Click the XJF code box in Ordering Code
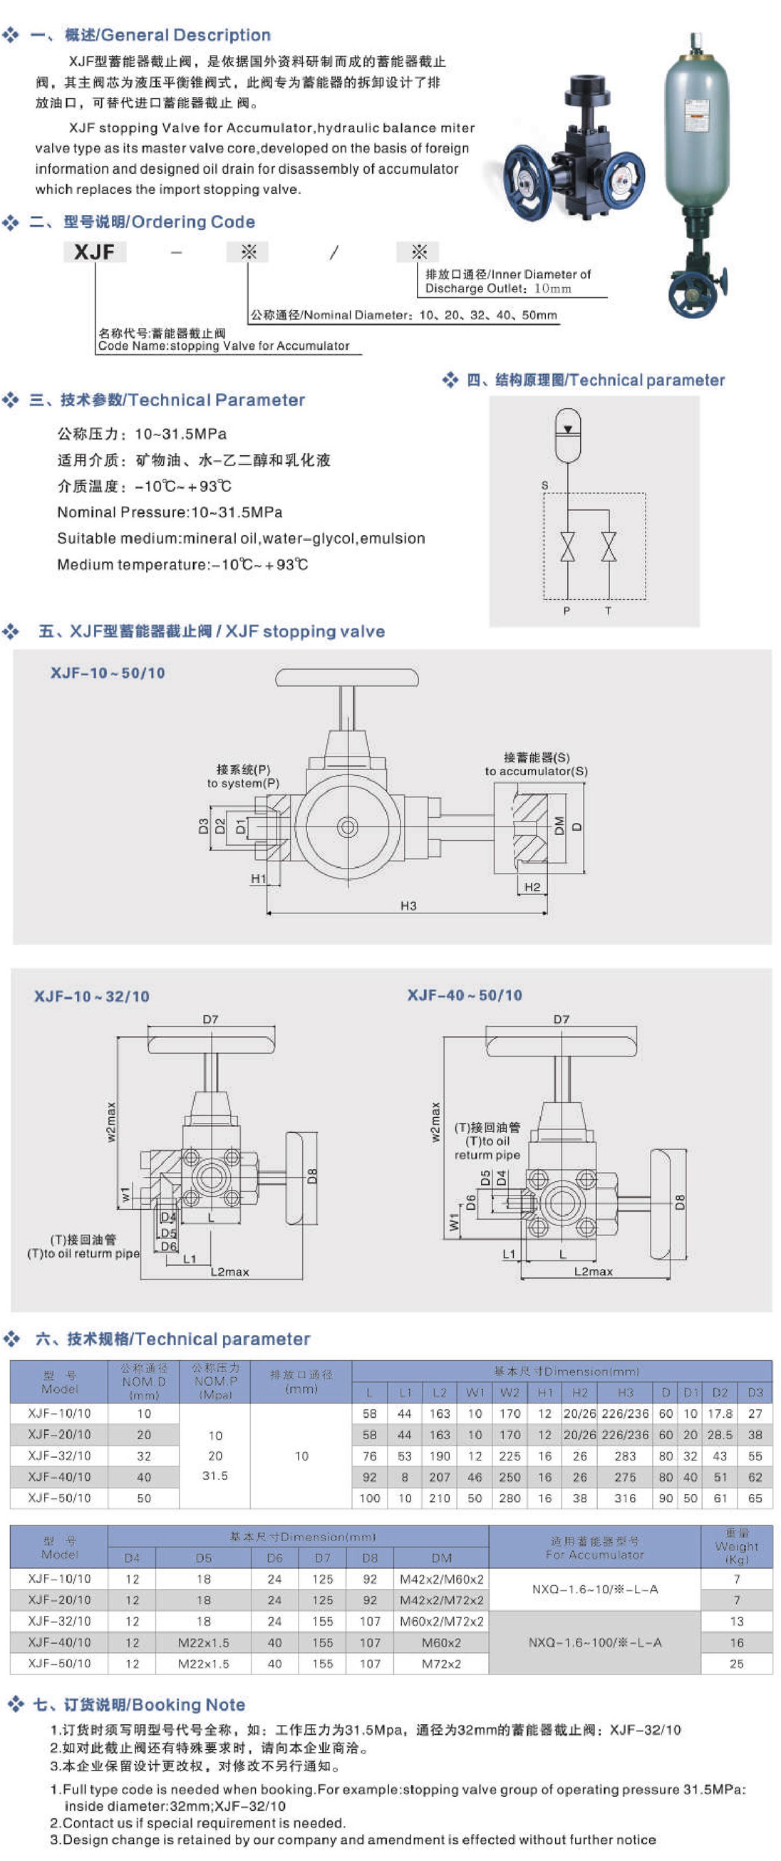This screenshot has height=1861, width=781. (x=95, y=252)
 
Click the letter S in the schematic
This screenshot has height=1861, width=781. (x=544, y=484)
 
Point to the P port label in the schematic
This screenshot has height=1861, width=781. (x=567, y=611)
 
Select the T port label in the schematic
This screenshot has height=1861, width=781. (x=608, y=611)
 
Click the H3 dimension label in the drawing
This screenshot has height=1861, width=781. (x=408, y=906)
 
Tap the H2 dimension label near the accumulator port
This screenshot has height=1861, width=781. (x=532, y=886)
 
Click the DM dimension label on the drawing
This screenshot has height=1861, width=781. (x=559, y=825)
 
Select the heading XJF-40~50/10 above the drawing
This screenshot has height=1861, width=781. (x=465, y=995)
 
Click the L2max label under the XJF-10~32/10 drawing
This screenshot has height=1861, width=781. (x=229, y=1272)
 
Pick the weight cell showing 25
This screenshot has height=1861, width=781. (x=736, y=1663)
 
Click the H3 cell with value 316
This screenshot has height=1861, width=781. (x=625, y=1498)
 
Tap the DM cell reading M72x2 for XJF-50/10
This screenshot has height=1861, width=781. (x=441, y=1663)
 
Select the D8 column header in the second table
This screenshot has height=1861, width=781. (x=370, y=1558)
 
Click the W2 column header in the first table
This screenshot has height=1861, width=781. (x=510, y=1392)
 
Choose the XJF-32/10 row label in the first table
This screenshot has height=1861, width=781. (x=59, y=1456)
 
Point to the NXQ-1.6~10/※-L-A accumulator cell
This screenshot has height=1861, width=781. (x=594, y=1589)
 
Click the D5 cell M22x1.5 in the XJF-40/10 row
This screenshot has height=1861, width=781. (x=204, y=1642)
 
